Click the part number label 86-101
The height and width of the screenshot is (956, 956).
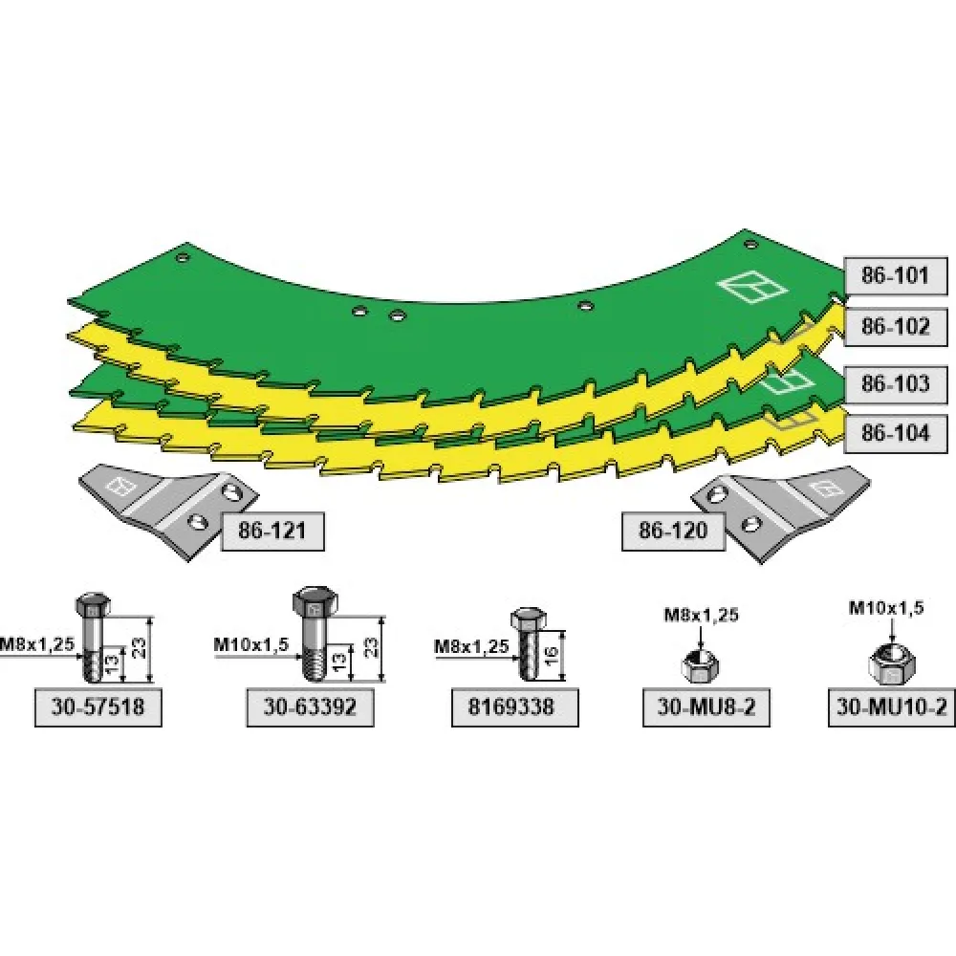[x=895, y=276]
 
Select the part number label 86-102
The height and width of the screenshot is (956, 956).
[x=895, y=327]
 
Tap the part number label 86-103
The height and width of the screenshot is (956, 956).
[x=895, y=384]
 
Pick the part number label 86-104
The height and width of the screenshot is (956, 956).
[x=895, y=433]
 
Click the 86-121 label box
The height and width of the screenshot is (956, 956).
[x=272, y=531]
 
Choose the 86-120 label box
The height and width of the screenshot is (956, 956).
[x=673, y=531]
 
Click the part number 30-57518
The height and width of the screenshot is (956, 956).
[x=98, y=707]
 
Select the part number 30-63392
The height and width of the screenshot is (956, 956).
[x=310, y=707]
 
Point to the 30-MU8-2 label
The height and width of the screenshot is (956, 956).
[x=706, y=707]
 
